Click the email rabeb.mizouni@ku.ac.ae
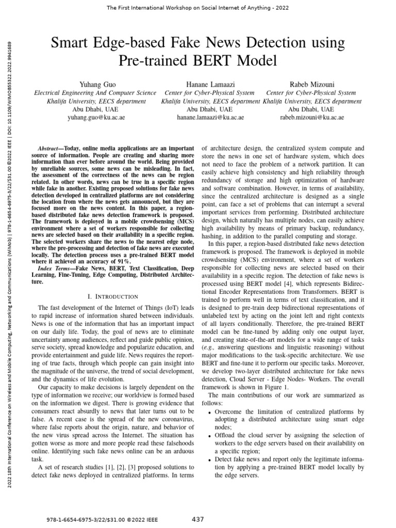click(x=311, y=118)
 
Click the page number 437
click(x=198, y=518)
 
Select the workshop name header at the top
click(x=199, y=8)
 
